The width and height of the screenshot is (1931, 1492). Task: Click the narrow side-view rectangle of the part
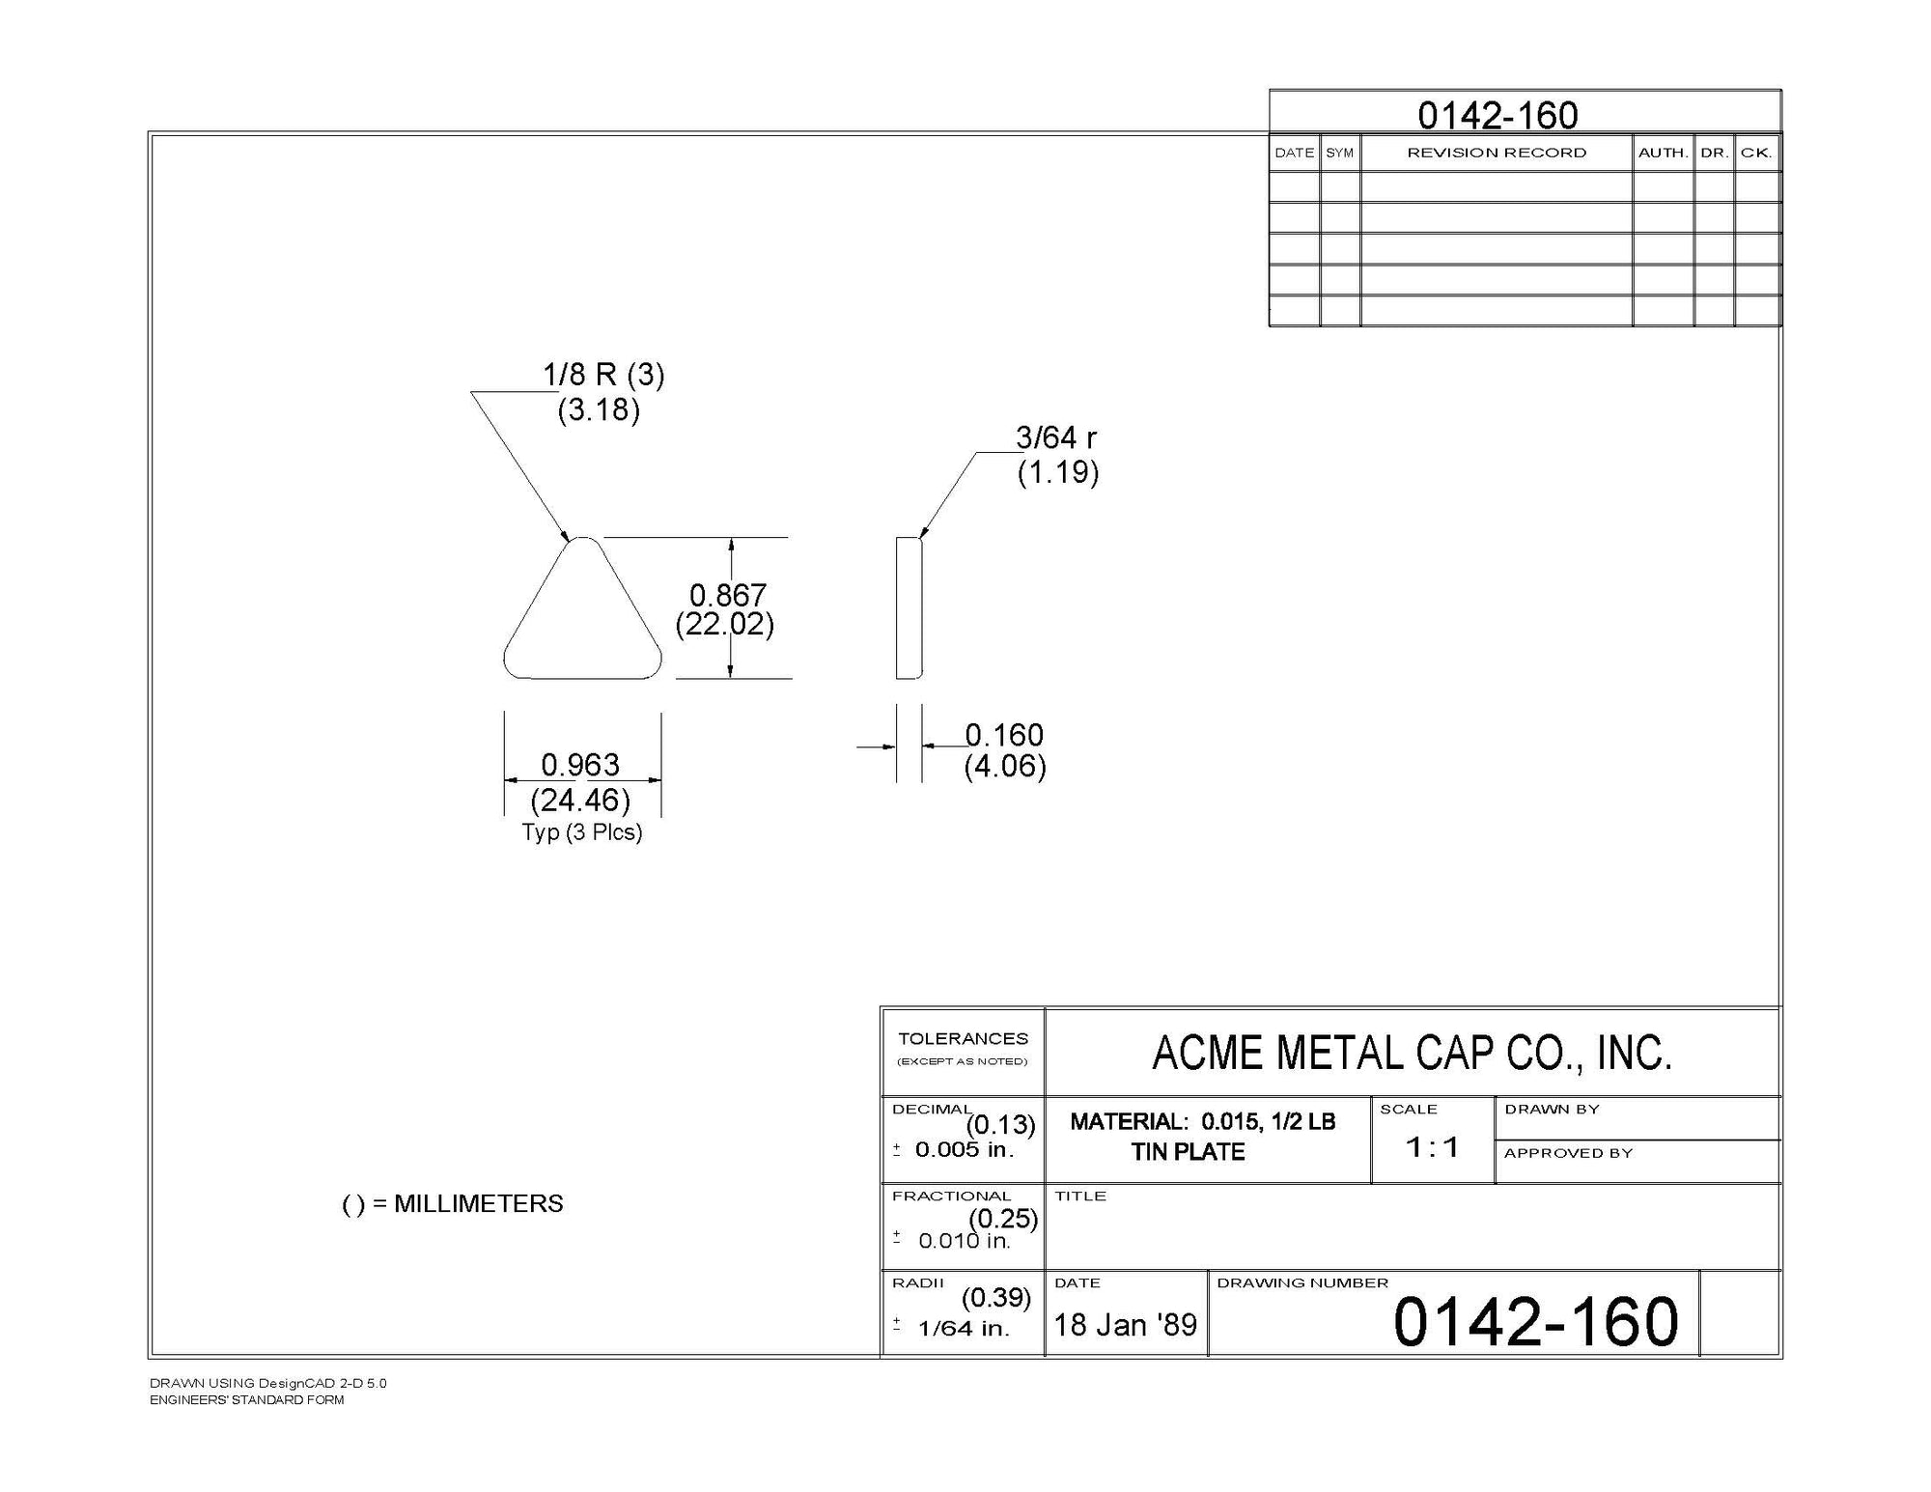point(909,608)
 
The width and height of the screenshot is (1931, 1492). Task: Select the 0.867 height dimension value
point(727,595)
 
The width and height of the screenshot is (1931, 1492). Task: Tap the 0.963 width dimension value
point(579,765)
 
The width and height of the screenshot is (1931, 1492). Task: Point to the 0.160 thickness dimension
point(1004,736)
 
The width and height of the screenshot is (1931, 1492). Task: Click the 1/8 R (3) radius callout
point(603,375)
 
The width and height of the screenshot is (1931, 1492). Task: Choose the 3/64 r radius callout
point(1056,438)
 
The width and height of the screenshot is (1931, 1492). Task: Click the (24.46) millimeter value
point(580,800)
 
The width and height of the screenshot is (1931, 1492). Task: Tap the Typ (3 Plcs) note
point(582,831)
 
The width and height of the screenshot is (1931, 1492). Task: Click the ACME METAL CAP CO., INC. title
point(1412,1053)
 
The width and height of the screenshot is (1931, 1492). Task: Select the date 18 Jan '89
point(1125,1324)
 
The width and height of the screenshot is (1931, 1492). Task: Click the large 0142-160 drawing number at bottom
point(1536,1322)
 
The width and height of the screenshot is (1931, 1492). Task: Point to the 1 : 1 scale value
point(1432,1147)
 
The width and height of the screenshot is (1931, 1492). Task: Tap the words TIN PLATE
point(1188,1151)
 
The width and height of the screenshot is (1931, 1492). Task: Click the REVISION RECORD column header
point(1497,153)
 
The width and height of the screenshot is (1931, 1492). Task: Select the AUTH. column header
point(1663,153)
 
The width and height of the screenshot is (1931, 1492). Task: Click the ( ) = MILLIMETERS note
point(453,1204)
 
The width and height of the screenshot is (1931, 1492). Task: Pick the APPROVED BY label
point(1568,1153)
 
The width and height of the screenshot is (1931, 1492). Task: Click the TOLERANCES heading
point(963,1039)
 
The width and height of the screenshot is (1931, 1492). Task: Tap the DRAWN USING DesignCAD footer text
point(267,1383)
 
